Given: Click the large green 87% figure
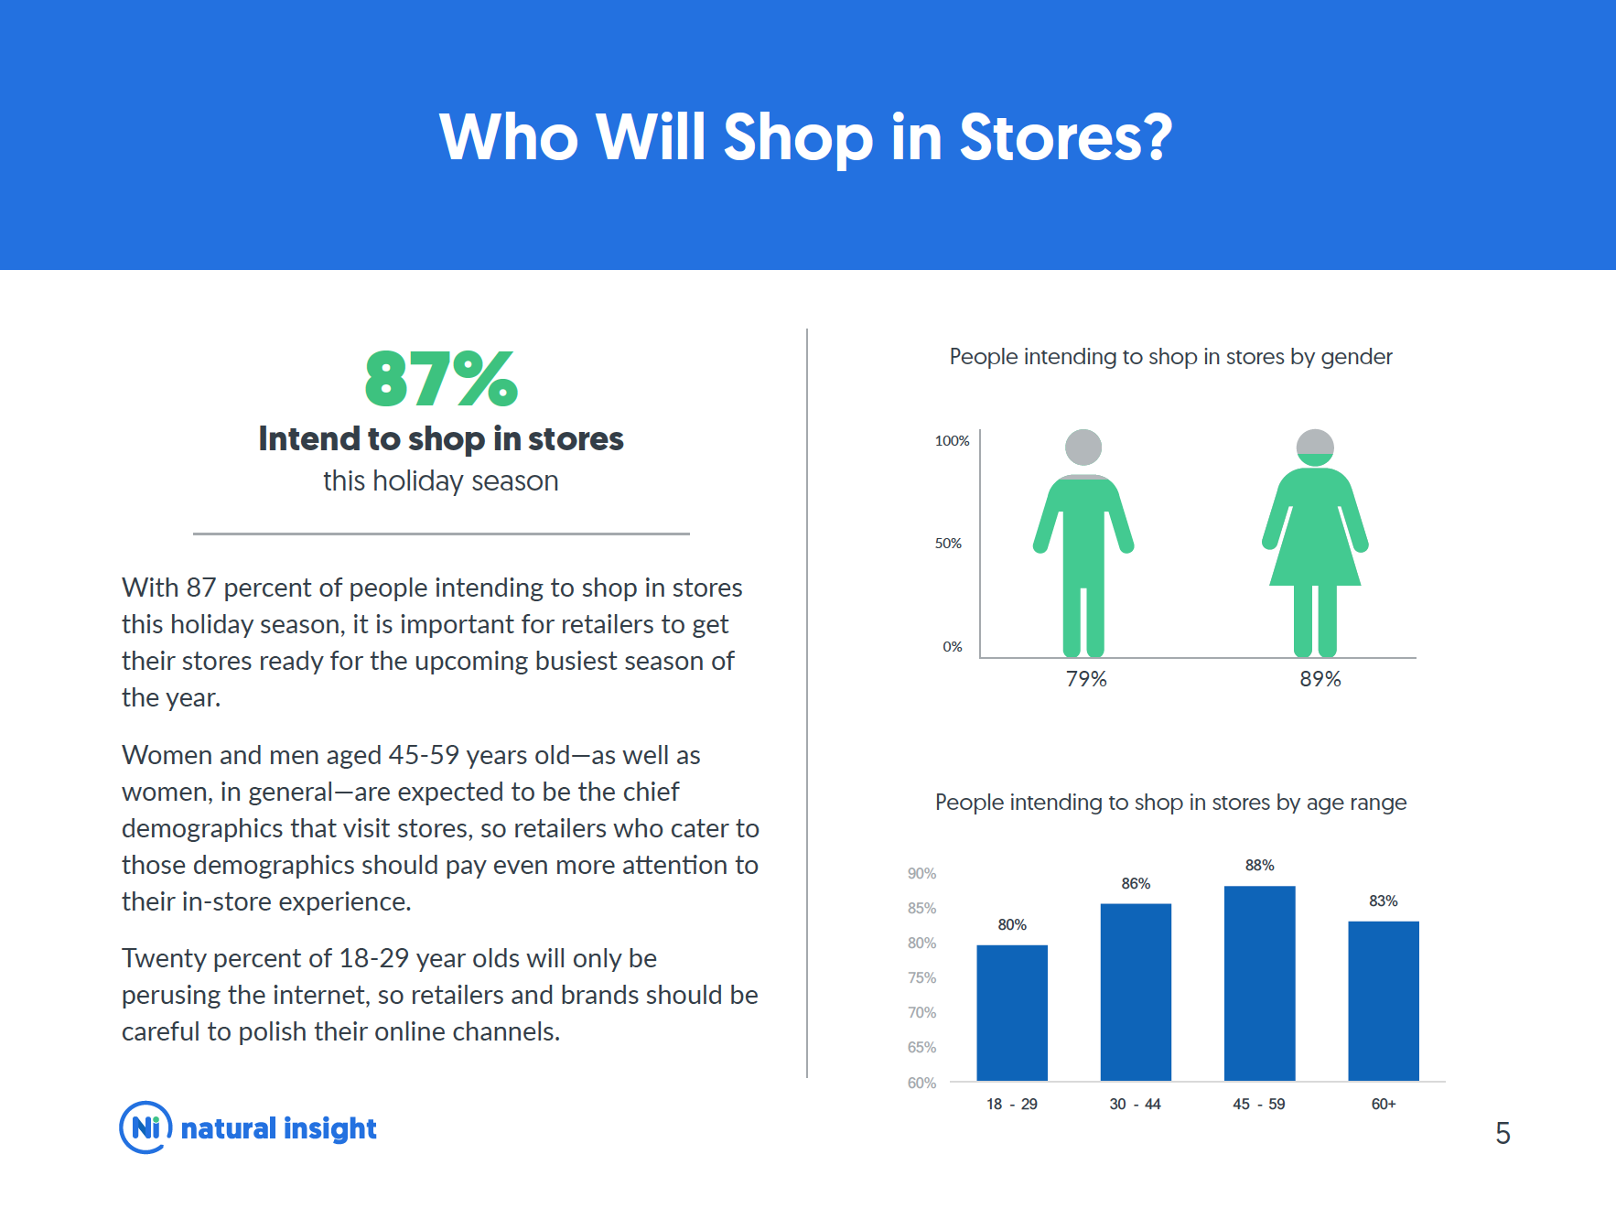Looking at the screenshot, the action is click(441, 379).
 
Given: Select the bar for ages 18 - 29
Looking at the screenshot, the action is click(1012, 1013).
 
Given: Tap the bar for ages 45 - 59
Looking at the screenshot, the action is click(1259, 984).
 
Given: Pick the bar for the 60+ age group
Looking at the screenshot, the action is click(1384, 1001).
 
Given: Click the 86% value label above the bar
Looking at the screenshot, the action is click(1136, 883).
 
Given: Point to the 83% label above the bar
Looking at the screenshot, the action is click(1384, 901).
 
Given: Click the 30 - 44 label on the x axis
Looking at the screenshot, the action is click(1135, 1104).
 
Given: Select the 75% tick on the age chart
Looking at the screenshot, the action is click(921, 977).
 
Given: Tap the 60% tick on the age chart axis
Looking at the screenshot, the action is click(921, 1083).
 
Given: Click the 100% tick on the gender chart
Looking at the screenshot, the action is click(952, 441).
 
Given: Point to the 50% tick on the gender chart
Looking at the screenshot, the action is click(948, 544).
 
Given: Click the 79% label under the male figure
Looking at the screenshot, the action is click(1086, 679).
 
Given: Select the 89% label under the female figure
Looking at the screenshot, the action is click(1320, 679).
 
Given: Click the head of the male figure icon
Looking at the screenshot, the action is click(1083, 448).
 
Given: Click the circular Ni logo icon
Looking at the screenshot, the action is click(145, 1127).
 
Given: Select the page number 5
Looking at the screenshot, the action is click(1503, 1134).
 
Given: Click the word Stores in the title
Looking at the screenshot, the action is click(1065, 137).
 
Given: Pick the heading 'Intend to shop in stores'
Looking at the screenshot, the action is click(441, 439).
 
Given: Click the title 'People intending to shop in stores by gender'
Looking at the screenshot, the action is click(1170, 357).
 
